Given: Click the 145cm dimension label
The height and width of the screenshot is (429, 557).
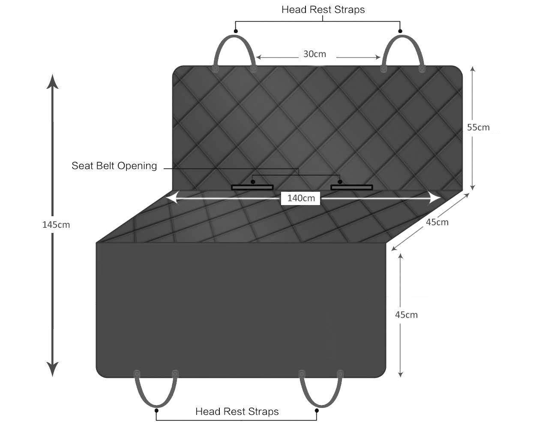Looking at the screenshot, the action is pos(56,225).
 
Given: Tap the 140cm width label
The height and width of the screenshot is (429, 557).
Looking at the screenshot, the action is pos(301,198).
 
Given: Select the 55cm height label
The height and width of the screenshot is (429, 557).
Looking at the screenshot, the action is pos(478,127).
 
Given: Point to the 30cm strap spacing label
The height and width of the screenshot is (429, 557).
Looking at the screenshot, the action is pos(314,54).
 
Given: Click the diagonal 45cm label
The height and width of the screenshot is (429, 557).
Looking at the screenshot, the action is pos(437,222).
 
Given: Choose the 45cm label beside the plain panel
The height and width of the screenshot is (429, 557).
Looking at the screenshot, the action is pos(406,315).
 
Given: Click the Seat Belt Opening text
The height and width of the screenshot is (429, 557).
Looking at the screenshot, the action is pos(114,166).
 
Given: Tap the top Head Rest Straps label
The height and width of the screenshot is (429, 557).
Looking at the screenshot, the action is pos(323,10).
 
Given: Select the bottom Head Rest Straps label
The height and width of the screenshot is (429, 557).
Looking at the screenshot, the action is pos(237,411).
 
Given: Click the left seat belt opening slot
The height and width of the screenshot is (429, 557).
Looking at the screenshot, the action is pos(252,187).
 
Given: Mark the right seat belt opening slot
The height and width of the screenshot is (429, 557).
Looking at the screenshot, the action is pos(351,187).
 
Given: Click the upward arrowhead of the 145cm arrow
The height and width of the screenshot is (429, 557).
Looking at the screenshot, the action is pos(52,82).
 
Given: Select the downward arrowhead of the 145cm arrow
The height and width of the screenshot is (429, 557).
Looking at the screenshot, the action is pos(52,369).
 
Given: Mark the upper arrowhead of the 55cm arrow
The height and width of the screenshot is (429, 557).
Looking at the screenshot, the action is pos(473,69).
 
